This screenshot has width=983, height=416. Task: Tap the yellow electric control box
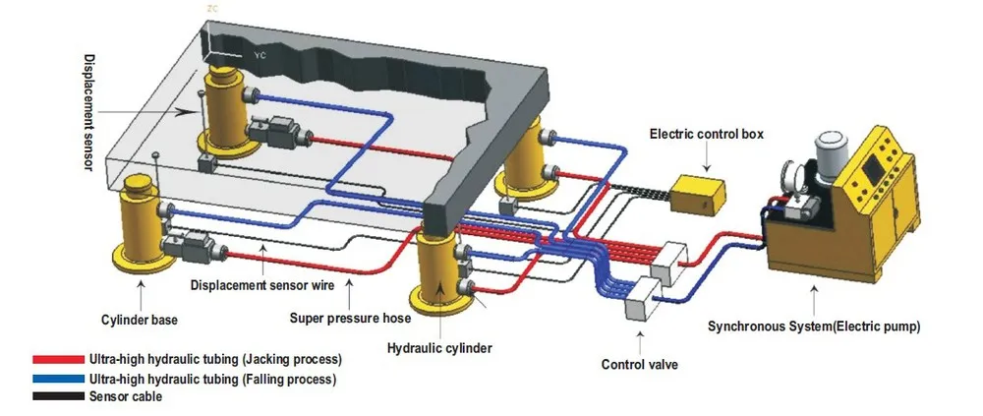(x=699, y=192)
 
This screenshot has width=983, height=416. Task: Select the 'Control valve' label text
(x=640, y=365)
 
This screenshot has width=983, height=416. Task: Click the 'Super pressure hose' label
(x=350, y=318)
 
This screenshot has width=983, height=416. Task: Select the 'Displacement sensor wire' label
(x=262, y=285)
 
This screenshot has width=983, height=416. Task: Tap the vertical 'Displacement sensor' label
(x=87, y=113)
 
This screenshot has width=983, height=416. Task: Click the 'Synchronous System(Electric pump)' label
(x=814, y=326)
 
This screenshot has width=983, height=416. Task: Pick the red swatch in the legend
(x=57, y=360)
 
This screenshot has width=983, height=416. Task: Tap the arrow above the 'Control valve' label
(x=640, y=339)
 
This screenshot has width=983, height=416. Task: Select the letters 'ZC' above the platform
(x=212, y=8)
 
